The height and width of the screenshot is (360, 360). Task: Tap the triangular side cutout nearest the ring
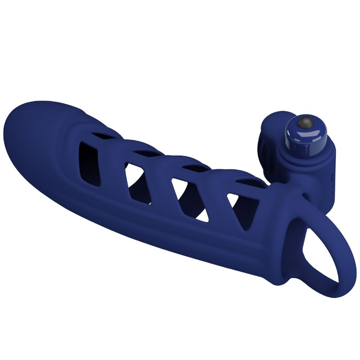click(x=238, y=208)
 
